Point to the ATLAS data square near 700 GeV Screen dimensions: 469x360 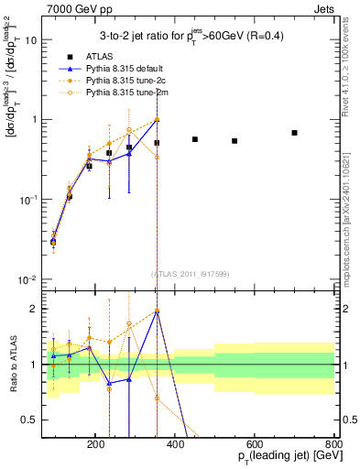tap(294, 133)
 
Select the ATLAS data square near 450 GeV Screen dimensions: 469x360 tap(195, 139)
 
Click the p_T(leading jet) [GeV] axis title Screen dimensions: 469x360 tap(274, 457)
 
